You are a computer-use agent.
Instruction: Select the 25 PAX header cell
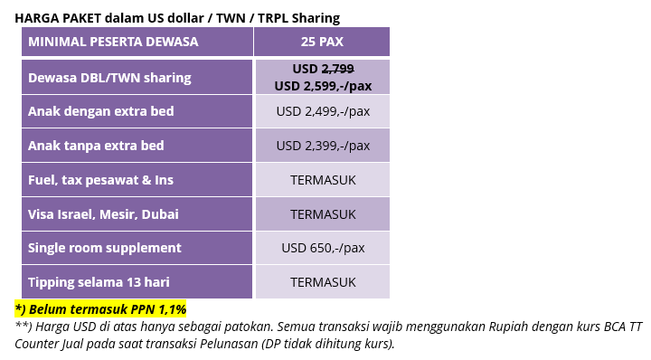coord(322,42)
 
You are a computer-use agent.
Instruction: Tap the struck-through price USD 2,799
coord(323,69)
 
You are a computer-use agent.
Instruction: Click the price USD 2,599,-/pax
coord(323,86)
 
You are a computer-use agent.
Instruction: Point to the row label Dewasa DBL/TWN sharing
coord(109,78)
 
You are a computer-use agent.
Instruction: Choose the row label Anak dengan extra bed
coord(101,111)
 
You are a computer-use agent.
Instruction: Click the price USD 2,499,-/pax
coord(323,111)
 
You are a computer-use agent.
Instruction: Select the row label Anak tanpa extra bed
coord(96,146)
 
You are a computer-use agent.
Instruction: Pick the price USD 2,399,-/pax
coord(323,146)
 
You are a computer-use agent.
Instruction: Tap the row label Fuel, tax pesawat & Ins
coord(100,180)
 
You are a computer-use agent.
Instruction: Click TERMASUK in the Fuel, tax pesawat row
coord(323,180)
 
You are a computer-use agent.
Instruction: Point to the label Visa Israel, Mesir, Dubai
coord(103,214)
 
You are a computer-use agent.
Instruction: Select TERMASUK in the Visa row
coord(323,214)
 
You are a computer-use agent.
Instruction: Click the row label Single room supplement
coord(105,248)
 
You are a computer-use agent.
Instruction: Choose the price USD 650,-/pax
coord(323,248)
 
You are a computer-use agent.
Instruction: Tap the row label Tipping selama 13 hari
coord(99,282)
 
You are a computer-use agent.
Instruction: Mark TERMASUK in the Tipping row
coord(323,282)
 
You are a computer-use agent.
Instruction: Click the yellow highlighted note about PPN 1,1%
coord(100,309)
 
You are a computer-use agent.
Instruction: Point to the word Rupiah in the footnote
coord(508,327)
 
